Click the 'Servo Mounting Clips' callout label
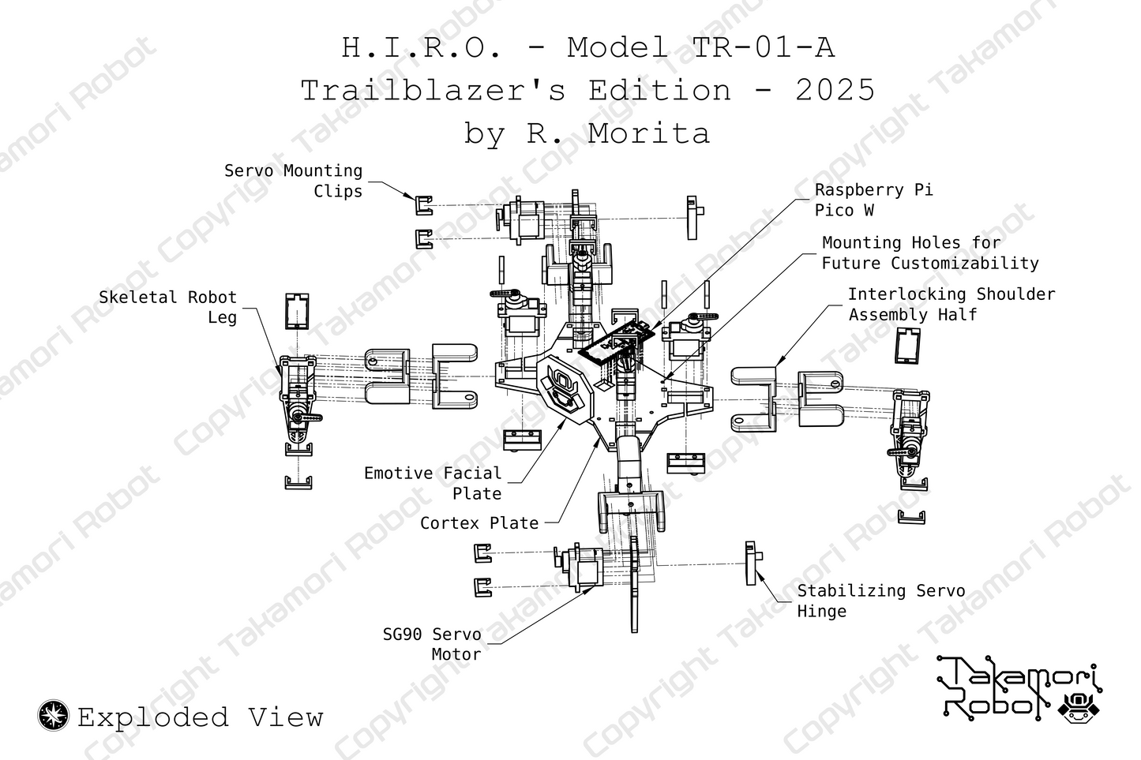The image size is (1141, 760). click(x=293, y=181)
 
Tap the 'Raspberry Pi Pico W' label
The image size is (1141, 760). click(x=873, y=200)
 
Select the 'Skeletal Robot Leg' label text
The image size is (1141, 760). click(x=167, y=307)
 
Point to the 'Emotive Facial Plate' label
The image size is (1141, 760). click(x=433, y=483)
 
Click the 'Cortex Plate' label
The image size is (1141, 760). click(x=479, y=522)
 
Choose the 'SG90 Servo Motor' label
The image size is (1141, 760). click(x=432, y=644)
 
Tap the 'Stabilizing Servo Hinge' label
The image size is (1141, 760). click(x=880, y=601)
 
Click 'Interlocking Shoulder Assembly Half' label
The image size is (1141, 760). click(x=951, y=304)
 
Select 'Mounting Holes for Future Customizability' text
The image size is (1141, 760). click(x=929, y=253)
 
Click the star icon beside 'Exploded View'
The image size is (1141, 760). click(x=54, y=716)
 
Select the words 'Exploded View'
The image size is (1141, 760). click(x=201, y=717)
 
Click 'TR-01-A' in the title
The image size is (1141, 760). click(x=763, y=48)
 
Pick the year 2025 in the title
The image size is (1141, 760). click(x=835, y=90)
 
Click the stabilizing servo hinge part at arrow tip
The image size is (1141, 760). click(x=753, y=563)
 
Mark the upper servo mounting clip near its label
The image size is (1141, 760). click(x=424, y=205)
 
